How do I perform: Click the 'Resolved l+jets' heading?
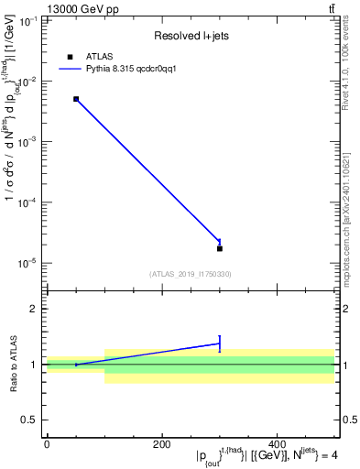(x=191, y=37)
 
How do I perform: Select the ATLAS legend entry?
(x=92, y=57)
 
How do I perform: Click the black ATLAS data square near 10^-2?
(x=76, y=99)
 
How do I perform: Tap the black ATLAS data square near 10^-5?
(x=220, y=248)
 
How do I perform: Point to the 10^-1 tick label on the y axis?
(x=27, y=20)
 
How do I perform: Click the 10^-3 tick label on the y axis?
(x=27, y=142)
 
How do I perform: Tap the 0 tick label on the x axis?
(x=46, y=444)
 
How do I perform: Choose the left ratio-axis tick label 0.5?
(x=31, y=420)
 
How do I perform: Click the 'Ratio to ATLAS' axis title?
(x=14, y=365)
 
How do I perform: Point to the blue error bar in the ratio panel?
(x=220, y=344)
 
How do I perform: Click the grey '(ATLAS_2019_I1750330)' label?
(x=191, y=273)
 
